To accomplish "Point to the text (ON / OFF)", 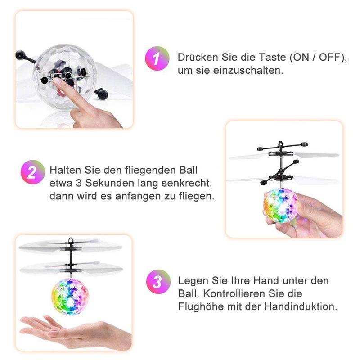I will click(x=318, y=58).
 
